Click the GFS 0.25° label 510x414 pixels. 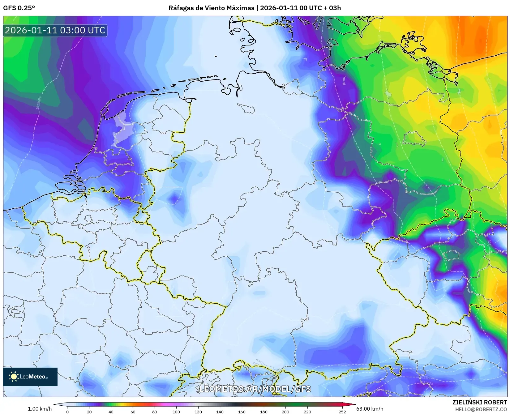19,8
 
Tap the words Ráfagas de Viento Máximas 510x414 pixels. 211,8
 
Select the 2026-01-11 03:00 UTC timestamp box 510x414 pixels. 55,30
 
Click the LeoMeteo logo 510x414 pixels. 30,377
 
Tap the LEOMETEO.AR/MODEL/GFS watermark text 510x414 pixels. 255,389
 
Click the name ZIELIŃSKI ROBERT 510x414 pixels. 479,402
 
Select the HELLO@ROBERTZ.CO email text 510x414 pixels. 481,409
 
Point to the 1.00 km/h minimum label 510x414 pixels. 40,409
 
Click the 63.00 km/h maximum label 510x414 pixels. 370,409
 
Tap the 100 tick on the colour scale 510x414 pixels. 176,412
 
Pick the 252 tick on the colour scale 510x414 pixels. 342,412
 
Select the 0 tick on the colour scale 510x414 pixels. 67,412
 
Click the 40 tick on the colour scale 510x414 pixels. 111,412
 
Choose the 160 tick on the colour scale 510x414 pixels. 242,412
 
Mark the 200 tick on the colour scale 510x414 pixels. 285,412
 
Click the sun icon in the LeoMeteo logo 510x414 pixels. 14,377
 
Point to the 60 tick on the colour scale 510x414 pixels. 133,412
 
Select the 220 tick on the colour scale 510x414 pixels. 307,412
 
